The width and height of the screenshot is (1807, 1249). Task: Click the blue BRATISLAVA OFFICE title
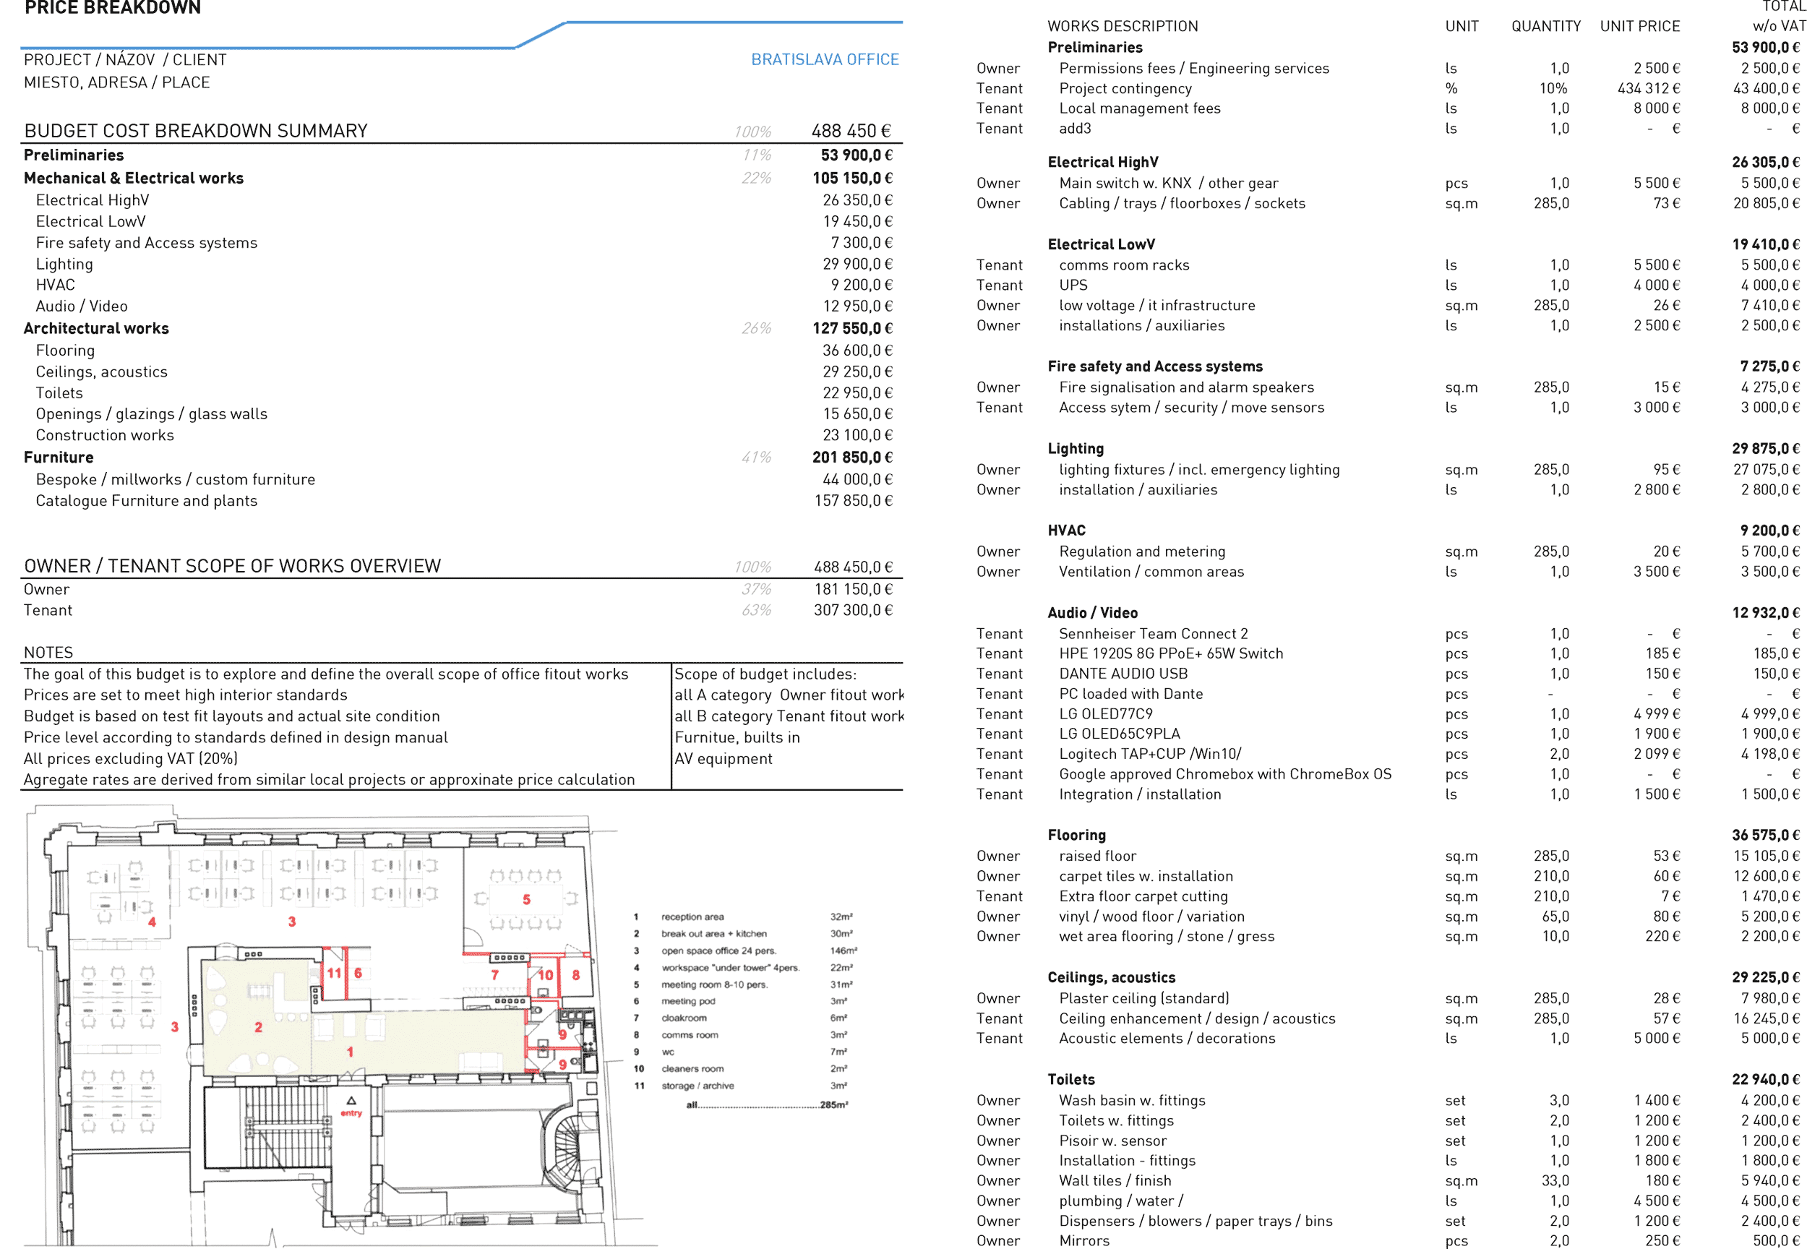(x=825, y=59)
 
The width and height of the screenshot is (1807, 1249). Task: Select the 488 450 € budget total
(x=851, y=131)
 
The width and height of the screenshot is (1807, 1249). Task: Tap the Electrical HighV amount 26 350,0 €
(x=857, y=200)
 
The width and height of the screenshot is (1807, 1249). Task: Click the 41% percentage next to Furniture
(x=756, y=458)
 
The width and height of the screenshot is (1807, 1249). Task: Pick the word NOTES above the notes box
(x=48, y=653)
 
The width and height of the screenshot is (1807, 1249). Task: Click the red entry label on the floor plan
(x=351, y=1113)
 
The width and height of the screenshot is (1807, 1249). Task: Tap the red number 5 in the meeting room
(x=527, y=900)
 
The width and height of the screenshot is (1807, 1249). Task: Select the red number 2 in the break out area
(x=258, y=1028)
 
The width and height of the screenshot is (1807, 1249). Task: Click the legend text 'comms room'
(x=690, y=1035)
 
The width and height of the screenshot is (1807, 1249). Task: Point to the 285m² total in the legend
(x=834, y=1105)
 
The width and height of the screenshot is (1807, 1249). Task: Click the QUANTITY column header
(x=1545, y=27)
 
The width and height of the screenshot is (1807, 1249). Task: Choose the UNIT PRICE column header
(x=1639, y=27)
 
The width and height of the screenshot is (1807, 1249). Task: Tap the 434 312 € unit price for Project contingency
(x=1648, y=88)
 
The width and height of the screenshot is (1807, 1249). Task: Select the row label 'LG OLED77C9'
(x=1106, y=713)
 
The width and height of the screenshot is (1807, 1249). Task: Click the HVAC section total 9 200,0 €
(x=1769, y=531)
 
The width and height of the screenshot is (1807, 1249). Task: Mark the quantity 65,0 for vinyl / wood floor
(x=1555, y=917)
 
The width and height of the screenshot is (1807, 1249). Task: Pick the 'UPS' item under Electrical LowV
(x=1073, y=286)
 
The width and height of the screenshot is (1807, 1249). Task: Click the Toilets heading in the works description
(x=1070, y=1080)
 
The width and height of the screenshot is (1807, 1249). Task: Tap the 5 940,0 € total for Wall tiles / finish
(x=1769, y=1181)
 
